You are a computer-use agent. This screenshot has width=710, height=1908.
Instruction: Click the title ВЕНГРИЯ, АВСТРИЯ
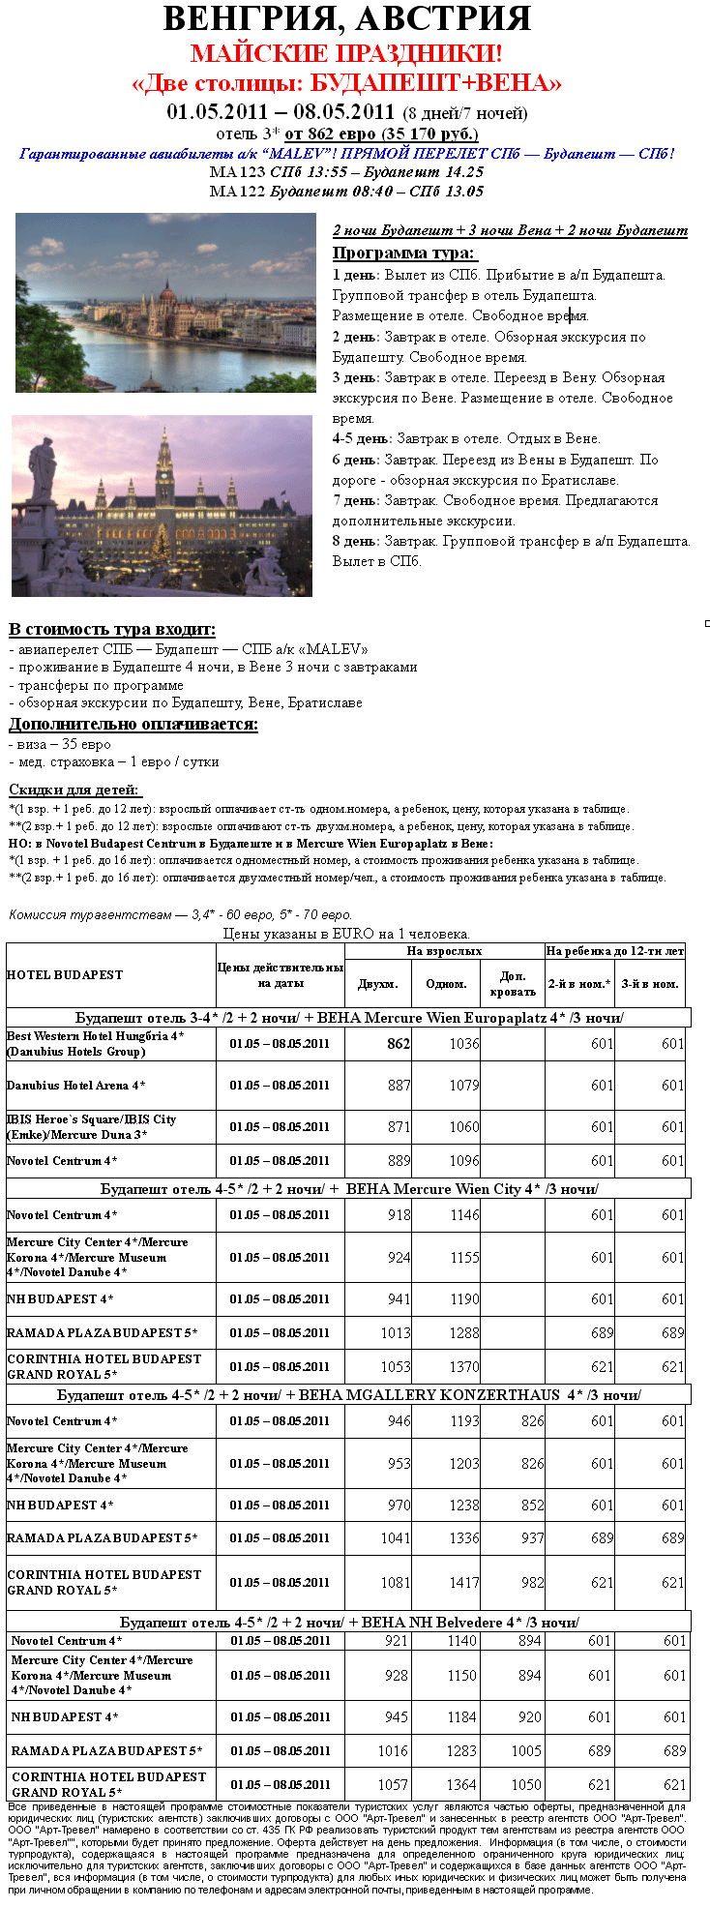click(346, 18)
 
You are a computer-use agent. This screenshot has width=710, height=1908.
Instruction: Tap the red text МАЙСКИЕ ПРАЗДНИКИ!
click(346, 53)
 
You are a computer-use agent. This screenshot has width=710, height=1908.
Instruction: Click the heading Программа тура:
click(403, 253)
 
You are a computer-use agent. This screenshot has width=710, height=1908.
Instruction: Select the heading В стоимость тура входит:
click(112, 630)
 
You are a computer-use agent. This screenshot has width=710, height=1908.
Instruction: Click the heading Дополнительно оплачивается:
click(133, 725)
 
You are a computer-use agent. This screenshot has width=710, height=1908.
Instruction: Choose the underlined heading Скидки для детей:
click(74, 790)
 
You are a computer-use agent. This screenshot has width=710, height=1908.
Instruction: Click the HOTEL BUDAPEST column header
click(65, 975)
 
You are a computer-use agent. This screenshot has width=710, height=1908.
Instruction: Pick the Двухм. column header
click(378, 984)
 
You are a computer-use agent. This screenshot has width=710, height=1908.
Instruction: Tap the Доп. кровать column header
click(513, 984)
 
